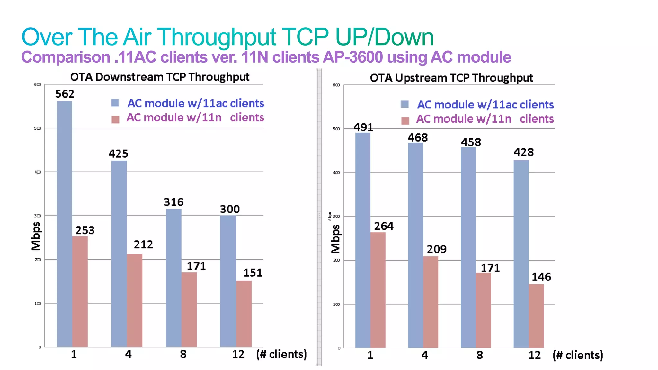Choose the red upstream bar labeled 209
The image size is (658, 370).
(x=431, y=302)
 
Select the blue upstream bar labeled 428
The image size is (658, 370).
(x=521, y=254)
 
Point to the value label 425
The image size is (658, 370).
(x=118, y=154)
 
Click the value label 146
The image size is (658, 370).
(x=541, y=277)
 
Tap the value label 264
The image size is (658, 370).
(x=384, y=226)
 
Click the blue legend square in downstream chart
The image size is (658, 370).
(x=115, y=103)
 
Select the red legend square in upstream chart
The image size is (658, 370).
(x=405, y=121)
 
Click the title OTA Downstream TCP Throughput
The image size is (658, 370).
(x=160, y=77)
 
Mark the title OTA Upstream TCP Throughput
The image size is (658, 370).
(x=451, y=78)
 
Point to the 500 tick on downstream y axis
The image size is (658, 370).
(x=38, y=128)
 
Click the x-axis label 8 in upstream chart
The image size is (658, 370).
(x=479, y=355)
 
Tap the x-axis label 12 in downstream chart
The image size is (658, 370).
(x=238, y=354)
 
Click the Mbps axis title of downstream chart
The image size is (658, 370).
(x=36, y=236)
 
